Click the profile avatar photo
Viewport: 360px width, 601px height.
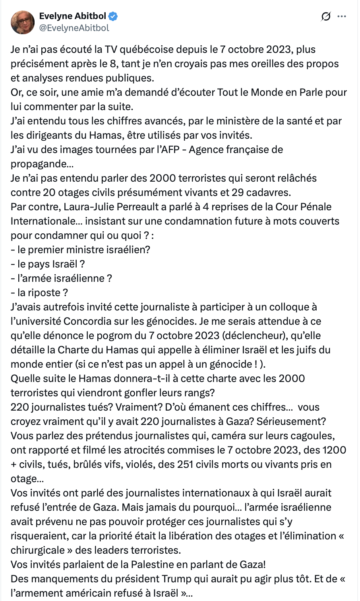click(23, 22)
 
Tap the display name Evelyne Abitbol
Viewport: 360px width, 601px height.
click(73, 16)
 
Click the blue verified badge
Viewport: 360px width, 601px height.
click(113, 16)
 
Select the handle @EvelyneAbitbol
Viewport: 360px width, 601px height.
click(74, 28)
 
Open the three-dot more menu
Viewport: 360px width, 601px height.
click(341, 17)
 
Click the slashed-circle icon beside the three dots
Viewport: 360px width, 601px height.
click(325, 17)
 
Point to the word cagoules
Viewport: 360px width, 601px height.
click(313, 436)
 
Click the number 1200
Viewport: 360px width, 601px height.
click(334, 450)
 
